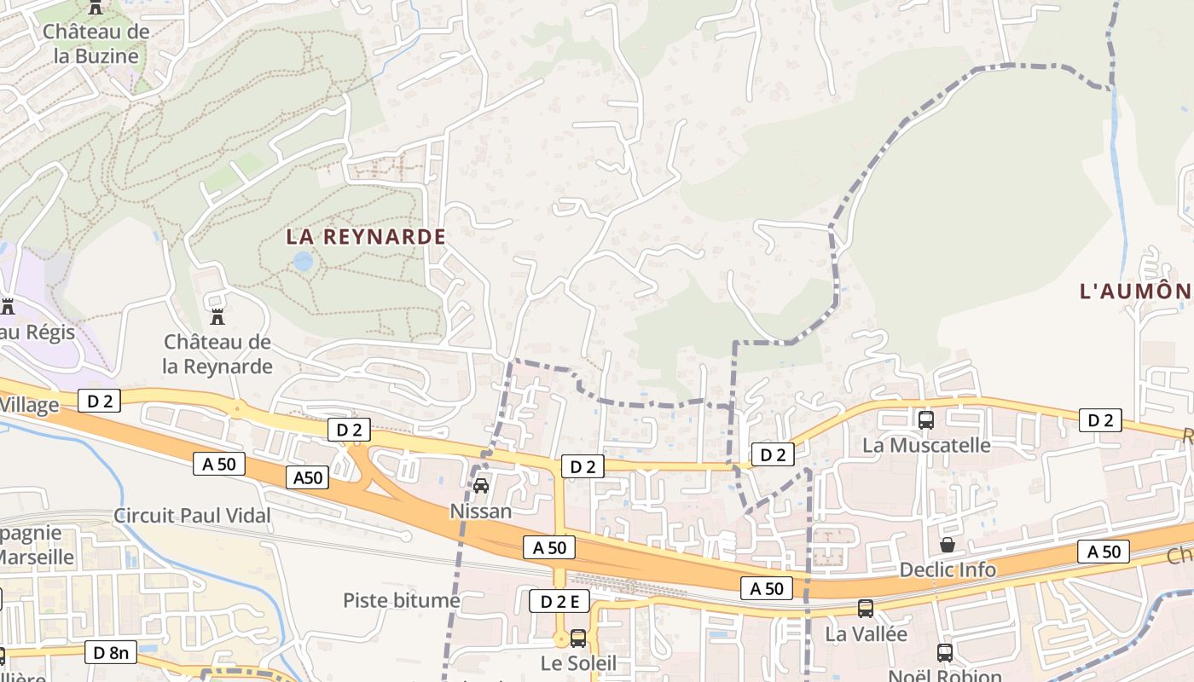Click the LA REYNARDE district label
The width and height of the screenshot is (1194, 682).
[x=366, y=237]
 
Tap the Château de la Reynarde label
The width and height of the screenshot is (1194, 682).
[x=217, y=355]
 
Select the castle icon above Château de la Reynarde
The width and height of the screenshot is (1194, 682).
[x=217, y=316]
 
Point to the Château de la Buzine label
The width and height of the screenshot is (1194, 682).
[x=96, y=44]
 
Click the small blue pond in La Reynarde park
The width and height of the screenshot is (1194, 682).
[x=303, y=261]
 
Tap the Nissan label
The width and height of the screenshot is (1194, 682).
[x=481, y=511]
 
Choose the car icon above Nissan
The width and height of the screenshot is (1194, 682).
[x=481, y=486]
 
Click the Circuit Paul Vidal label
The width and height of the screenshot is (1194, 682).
[x=192, y=516]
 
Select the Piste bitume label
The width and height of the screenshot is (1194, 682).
[x=402, y=600]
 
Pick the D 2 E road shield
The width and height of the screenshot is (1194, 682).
[x=559, y=601]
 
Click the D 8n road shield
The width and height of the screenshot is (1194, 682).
[x=111, y=653]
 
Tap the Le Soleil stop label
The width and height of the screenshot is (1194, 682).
[x=578, y=663]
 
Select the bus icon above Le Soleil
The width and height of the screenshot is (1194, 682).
[x=578, y=638]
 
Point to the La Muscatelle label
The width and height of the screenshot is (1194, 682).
[x=926, y=445]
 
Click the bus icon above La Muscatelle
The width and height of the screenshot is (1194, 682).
[x=926, y=419]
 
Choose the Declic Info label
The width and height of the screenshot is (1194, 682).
[x=948, y=569]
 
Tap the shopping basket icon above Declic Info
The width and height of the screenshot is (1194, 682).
[x=948, y=545]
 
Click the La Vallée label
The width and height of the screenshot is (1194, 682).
[x=866, y=634]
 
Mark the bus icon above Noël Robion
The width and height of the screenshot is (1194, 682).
[x=945, y=653]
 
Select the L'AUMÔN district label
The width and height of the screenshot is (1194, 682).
[x=1136, y=292]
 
